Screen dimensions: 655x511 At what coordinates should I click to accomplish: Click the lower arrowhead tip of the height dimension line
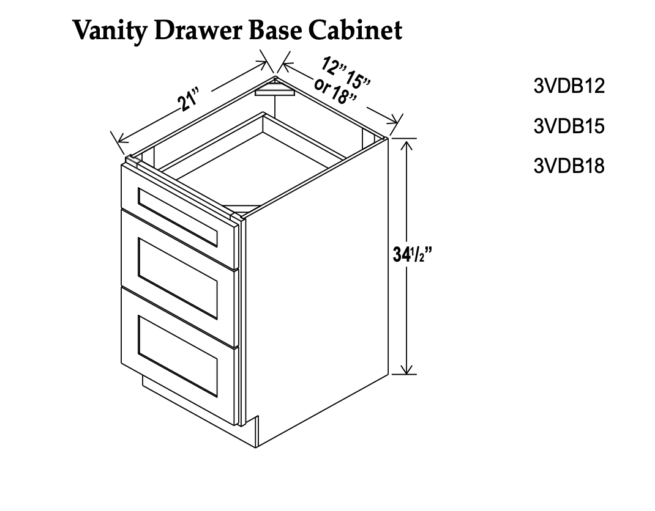point(407,373)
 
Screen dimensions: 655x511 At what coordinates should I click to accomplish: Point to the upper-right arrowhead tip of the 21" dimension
point(268,63)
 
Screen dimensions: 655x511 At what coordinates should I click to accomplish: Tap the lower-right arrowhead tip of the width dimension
point(397,123)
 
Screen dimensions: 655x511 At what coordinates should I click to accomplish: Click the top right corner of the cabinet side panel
point(388,138)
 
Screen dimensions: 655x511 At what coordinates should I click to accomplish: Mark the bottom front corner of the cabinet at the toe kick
point(256,447)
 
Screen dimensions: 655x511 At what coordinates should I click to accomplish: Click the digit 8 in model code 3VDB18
point(599,166)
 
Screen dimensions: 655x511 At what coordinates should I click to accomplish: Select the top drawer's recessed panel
point(178,217)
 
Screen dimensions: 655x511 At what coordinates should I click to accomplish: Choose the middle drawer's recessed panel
point(178,278)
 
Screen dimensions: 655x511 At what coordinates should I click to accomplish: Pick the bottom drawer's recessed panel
point(178,356)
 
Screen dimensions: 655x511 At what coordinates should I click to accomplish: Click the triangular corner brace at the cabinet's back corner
point(275,88)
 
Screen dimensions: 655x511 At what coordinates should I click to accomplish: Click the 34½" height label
point(412,254)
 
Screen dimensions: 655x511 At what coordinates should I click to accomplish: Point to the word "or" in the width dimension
point(323,85)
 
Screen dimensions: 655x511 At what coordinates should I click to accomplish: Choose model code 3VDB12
point(569,86)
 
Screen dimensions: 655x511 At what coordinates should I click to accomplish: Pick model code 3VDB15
point(569,126)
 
